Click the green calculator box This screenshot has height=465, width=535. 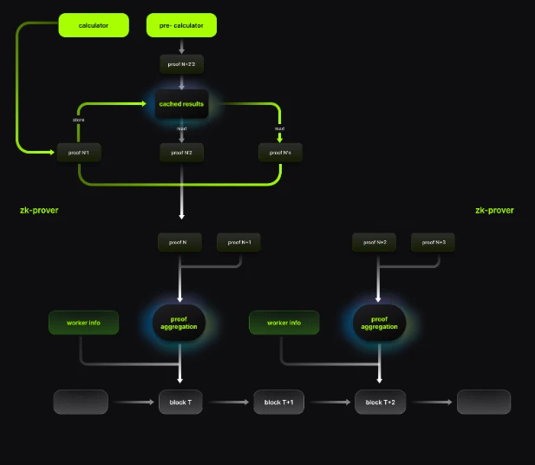click(94, 25)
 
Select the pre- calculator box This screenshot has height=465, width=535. click(182, 25)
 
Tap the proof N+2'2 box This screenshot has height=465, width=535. click(182, 65)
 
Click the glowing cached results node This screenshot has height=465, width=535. click(182, 104)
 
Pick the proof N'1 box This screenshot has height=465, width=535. click(79, 153)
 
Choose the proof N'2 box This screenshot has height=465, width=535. click(182, 153)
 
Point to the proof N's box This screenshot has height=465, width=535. click(280, 153)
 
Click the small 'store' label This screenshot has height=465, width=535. click(79, 121)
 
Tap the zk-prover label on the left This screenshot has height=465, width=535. click(39, 210)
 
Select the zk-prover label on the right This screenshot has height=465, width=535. click(494, 210)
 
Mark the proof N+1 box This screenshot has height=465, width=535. click(239, 243)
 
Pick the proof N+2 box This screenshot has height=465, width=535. click(376, 243)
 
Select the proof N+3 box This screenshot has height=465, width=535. click(433, 243)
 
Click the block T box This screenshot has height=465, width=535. click(182, 402)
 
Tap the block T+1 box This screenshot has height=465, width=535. click(279, 402)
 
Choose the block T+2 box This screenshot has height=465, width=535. click(380, 402)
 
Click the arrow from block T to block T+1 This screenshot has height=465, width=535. click(230, 402)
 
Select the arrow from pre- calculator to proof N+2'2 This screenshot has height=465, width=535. click(182, 46)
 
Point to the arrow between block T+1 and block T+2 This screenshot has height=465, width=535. click(329, 402)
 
